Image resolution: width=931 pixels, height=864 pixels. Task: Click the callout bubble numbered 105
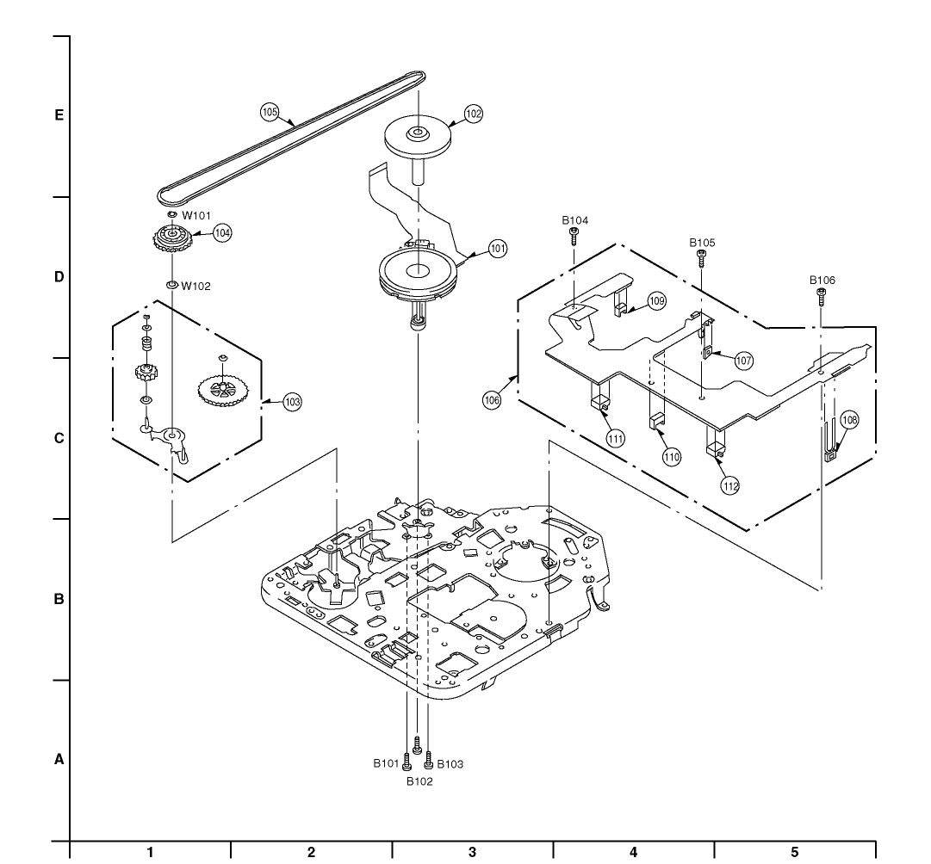tap(270, 112)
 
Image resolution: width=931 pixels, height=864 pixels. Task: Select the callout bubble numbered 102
tap(473, 113)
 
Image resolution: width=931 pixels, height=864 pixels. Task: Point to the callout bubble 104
tap(222, 232)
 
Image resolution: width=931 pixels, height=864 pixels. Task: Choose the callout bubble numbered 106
tap(492, 400)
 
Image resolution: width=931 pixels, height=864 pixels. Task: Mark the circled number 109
tap(657, 301)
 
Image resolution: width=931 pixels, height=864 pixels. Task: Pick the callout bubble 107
tap(743, 361)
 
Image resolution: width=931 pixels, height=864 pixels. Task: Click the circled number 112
tap(730, 485)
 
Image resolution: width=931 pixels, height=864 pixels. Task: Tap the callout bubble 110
tap(671, 457)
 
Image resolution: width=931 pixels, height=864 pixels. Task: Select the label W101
tap(196, 216)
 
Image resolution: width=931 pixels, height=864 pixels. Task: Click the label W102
tap(196, 286)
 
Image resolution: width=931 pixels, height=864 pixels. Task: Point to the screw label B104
tap(575, 221)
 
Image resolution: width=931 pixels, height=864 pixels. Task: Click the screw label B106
tap(822, 280)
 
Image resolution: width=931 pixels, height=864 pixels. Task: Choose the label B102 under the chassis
tap(419, 781)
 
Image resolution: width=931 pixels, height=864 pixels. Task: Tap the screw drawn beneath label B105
tap(702, 256)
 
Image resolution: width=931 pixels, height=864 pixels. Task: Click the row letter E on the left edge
tap(59, 114)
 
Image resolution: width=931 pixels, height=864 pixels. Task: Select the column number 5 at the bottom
tap(794, 852)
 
